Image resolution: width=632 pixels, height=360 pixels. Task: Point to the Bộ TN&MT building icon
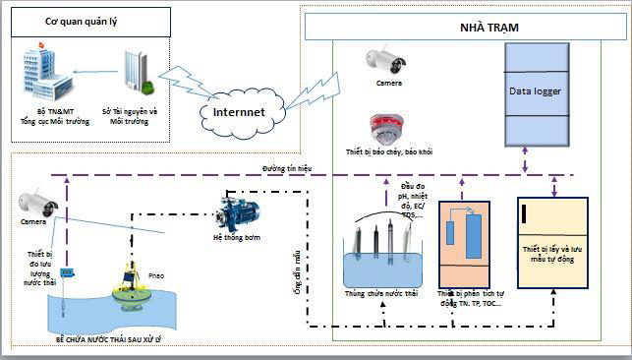point(44,73)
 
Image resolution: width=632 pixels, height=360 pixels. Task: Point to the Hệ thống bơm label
point(238,238)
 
